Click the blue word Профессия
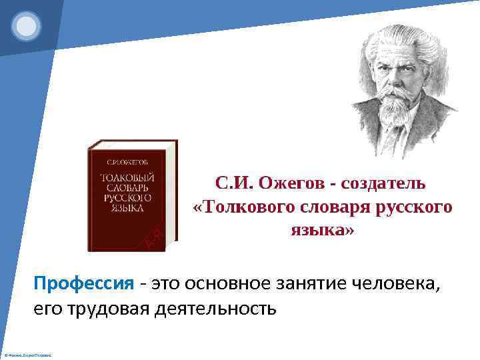click(84, 283)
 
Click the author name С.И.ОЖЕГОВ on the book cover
click(128, 163)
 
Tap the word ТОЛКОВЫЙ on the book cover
click(127, 178)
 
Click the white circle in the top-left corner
click(27, 26)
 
